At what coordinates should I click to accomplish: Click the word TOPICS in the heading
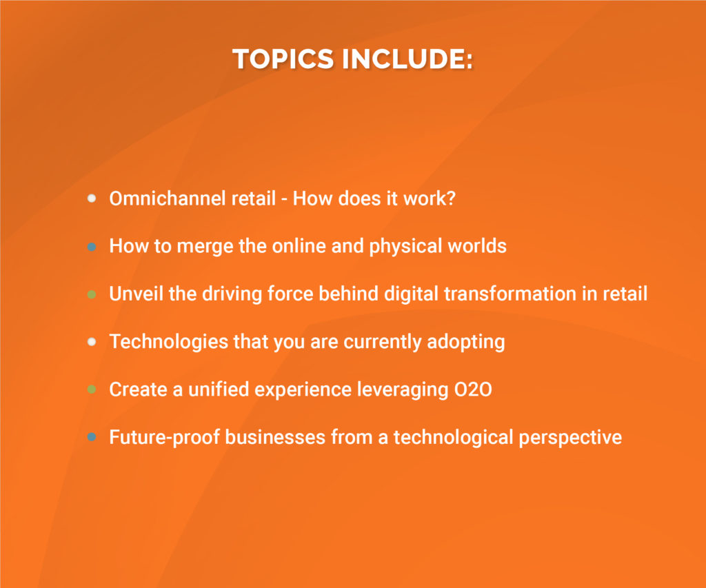283,59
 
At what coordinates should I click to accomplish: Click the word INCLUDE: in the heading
407,59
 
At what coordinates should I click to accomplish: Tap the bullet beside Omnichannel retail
92,199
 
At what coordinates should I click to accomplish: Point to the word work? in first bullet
430,199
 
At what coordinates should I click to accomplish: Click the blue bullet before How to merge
92,247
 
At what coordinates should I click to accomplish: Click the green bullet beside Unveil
92,294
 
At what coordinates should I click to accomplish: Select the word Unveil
136,294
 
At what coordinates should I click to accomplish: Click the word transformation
510,294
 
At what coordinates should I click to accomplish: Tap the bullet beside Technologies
92,342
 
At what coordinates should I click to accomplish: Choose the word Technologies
169,342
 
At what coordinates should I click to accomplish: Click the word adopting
466,342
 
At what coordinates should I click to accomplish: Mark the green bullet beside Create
92,389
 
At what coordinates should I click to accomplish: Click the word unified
219,389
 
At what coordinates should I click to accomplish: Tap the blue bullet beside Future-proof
92,437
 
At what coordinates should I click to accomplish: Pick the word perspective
570,438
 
